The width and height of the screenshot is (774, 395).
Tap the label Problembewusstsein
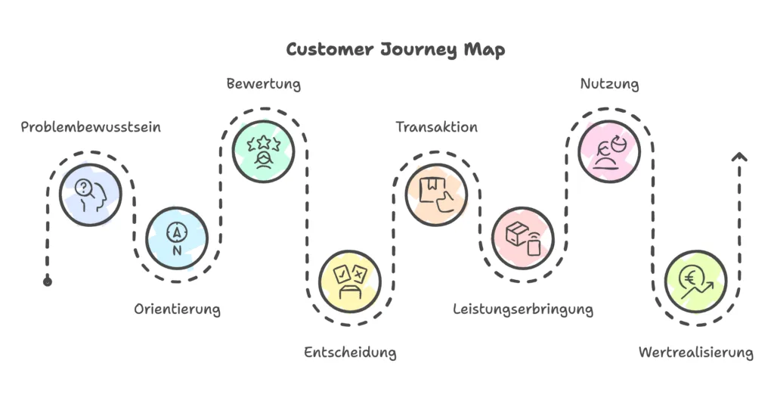(x=91, y=127)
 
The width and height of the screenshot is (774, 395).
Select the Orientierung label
(x=178, y=309)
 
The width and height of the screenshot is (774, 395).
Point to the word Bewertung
(x=264, y=84)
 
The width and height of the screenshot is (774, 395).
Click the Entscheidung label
(x=350, y=353)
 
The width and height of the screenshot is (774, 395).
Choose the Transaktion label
(x=437, y=127)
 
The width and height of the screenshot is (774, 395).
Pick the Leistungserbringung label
(x=523, y=309)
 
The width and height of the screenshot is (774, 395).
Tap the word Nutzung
(x=609, y=84)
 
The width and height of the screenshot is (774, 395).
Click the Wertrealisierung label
(x=696, y=353)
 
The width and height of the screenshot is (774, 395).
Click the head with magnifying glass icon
(x=91, y=195)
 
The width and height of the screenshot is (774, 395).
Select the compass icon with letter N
(x=177, y=238)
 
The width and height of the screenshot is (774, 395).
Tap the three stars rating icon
(x=263, y=151)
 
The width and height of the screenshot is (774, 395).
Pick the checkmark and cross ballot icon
(x=349, y=281)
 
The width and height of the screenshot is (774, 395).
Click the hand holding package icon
(x=436, y=195)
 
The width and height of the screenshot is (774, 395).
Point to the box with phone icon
(x=522, y=238)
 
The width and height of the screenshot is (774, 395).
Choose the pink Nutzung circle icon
(x=609, y=151)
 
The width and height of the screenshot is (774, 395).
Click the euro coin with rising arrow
(x=695, y=281)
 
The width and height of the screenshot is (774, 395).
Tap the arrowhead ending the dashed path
(x=739, y=157)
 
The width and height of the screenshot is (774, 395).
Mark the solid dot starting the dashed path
(x=48, y=281)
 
